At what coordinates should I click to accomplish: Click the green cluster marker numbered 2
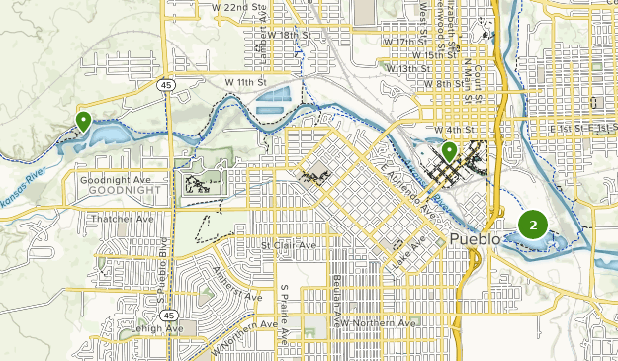click(533, 226)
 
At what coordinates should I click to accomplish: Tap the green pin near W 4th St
click(449, 151)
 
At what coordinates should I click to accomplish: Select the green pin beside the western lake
click(83, 121)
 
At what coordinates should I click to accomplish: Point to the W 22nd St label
click(240, 8)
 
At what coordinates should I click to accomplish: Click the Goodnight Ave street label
click(114, 179)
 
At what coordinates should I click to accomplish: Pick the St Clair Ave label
click(289, 244)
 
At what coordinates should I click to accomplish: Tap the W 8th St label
click(442, 85)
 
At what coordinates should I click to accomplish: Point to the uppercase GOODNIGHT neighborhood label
click(115, 190)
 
